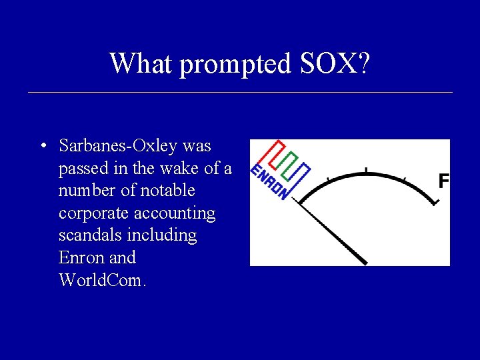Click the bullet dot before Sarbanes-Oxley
43,146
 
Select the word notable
164,191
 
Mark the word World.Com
101,280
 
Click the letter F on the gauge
444,181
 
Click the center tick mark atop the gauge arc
365,171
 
